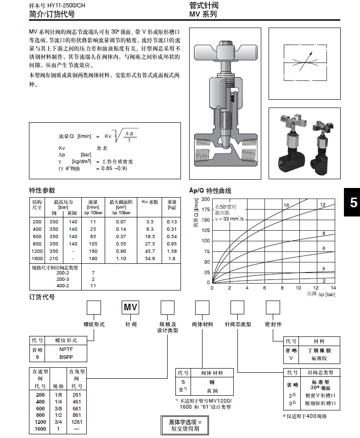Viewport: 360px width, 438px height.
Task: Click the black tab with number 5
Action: click(x=353, y=203)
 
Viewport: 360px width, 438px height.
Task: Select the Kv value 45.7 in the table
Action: click(x=150, y=251)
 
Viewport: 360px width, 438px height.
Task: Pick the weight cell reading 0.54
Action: click(x=172, y=237)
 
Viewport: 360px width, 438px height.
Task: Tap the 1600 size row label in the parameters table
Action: click(x=37, y=259)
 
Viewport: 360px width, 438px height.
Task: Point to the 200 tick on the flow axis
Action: click(x=206, y=199)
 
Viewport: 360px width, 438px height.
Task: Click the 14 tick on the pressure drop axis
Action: click(x=333, y=288)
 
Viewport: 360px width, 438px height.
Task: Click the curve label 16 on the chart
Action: click(x=286, y=205)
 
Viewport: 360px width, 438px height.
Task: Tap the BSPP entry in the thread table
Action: click(x=67, y=356)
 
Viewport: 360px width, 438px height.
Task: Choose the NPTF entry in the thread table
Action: click(x=67, y=349)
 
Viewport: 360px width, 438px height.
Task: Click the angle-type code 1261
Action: click(x=77, y=421)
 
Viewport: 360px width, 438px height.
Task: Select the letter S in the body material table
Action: click(x=183, y=382)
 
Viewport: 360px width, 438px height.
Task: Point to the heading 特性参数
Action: click(x=42, y=190)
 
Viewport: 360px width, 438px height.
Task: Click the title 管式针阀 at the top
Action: click(x=203, y=6)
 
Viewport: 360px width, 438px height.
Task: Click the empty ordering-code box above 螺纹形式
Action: click(x=94, y=307)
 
